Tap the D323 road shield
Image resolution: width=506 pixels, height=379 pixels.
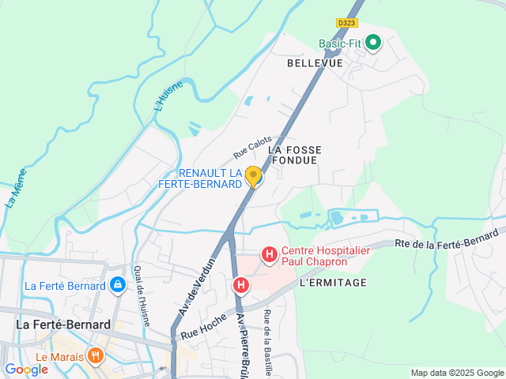point(346,24)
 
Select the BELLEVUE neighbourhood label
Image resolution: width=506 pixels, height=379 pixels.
point(315,62)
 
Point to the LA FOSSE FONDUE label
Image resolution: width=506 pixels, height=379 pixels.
point(293,154)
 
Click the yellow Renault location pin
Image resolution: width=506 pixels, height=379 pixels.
point(253,176)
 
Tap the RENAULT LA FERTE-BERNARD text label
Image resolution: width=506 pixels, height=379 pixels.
point(210,178)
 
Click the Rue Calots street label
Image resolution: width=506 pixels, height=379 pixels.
point(252,146)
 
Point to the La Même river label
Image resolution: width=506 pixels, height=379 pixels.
point(15,190)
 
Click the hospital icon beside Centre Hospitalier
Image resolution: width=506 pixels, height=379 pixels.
point(269,254)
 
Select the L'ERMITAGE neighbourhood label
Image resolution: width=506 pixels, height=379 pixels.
point(333,283)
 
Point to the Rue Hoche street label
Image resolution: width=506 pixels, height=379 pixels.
point(204,324)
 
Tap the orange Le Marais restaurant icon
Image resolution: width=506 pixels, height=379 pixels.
point(96,355)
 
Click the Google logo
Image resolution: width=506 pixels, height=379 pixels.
point(26,370)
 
